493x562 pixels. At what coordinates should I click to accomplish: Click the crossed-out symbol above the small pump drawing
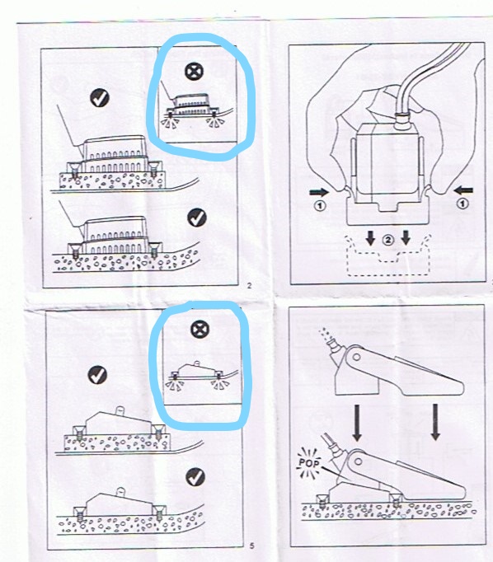point(194,71)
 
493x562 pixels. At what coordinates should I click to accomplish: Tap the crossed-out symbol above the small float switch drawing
point(200,330)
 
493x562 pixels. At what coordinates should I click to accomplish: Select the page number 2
point(250,286)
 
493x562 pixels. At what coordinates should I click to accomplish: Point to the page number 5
point(251,546)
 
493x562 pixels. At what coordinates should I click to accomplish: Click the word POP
point(308,463)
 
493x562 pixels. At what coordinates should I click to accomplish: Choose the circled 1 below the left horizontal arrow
point(320,206)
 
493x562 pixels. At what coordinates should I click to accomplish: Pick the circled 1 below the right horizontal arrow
point(462,204)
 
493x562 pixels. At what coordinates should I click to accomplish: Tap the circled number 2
point(388,240)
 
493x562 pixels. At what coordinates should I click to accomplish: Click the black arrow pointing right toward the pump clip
point(319,193)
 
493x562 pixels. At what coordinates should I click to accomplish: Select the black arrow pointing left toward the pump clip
point(463,190)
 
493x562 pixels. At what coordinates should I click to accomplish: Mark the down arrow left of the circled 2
point(371,237)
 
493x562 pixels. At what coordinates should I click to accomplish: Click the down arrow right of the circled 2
point(406,237)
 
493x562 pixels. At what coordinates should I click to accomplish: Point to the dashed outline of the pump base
point(387,275)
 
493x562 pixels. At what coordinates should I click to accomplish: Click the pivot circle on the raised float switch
point(356,358)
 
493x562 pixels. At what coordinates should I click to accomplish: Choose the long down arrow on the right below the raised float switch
point(435,422)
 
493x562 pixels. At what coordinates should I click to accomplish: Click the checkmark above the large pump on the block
point(100,97)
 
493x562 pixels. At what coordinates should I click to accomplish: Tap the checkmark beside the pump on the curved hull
point(197,218)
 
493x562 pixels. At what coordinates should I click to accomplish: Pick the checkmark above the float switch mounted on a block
point(97,375)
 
